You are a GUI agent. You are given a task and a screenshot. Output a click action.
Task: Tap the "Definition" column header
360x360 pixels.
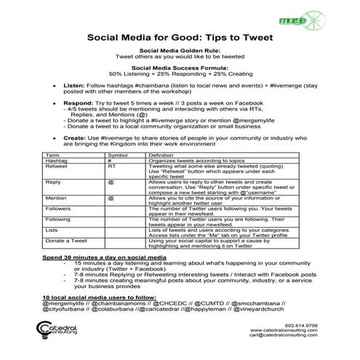click(x=161, y=156)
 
